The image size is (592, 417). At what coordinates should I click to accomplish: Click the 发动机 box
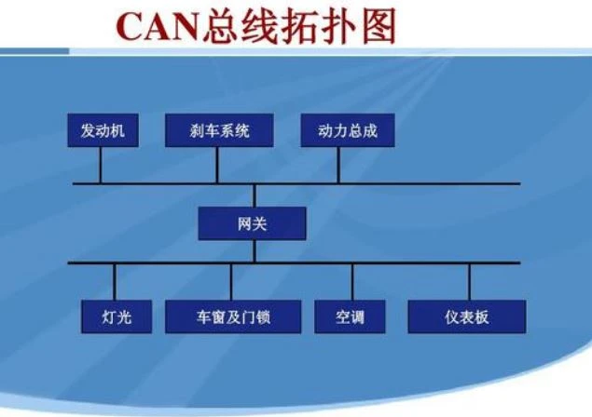[x=103, y=130]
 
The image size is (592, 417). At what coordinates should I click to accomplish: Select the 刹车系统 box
[x=219, y=130]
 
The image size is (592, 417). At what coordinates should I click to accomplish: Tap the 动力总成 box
[x=348, y=130]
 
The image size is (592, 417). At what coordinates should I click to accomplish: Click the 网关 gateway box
[x=253, y=223]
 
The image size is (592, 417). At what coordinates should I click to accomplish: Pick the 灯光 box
[x=117, y=316]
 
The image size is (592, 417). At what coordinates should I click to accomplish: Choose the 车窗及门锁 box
[x=233, y=316]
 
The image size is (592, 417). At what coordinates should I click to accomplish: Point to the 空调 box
[x=350, y=316]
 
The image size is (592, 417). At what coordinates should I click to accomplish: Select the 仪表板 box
[x=467, y=316]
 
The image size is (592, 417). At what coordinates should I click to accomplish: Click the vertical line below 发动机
[x=101, y=165]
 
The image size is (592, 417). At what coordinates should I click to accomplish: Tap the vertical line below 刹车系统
[x=217, y=165]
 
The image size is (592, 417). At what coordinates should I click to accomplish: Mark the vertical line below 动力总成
[x=338, y=165]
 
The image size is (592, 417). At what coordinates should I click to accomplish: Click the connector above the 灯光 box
[x=115, y=282]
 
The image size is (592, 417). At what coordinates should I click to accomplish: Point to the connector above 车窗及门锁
[x=231, y=282]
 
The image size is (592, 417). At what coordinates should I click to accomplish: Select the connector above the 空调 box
[x=352, y=282]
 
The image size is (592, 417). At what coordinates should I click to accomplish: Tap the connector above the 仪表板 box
[x=469, y=282]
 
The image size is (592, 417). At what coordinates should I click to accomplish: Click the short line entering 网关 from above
[x=255, y=196]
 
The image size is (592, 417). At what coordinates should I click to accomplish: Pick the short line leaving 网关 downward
[x=255, y=251]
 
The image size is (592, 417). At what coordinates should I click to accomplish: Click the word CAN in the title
[x=158, y=27]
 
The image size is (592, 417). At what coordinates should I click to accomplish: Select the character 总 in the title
[x=221, y=26]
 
